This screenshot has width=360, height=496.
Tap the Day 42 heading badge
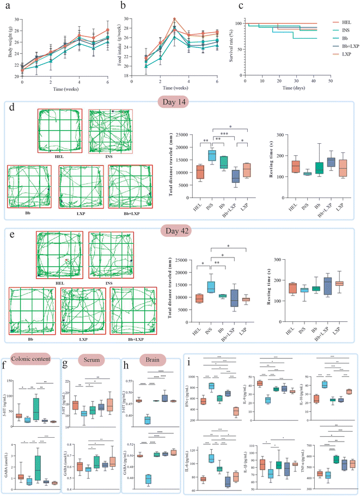click(180, 224)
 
